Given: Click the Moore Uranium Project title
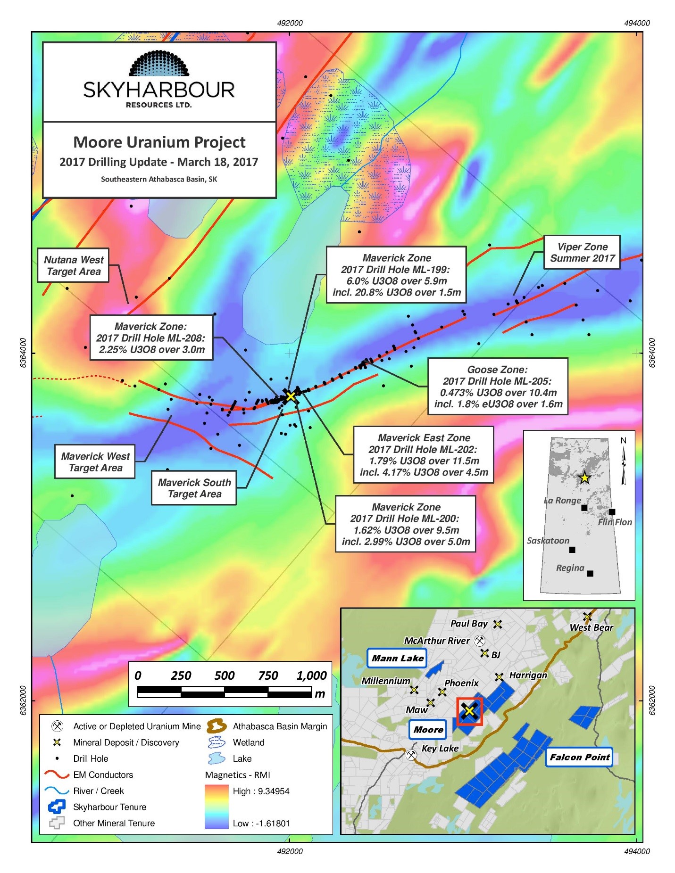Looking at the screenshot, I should coord(159,142).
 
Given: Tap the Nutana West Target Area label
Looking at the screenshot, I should coord(74,265).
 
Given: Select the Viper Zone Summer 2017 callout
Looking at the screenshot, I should coord(582,252).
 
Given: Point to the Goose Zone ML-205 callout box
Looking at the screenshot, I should coord(498,387).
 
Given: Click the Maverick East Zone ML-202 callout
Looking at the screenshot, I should coord(424,455).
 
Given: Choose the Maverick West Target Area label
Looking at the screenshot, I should coord(95,462).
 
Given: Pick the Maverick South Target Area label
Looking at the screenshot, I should coord(194,488).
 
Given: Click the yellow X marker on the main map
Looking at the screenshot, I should coord(291,396).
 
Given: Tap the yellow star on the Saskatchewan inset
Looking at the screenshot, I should coord(584,478).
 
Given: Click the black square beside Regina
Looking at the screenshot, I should coord(590,574).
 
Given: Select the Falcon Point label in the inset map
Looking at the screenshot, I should coord(579,757).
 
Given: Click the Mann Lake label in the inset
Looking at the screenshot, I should coord(397,659).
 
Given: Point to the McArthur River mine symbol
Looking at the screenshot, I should coord(480,641).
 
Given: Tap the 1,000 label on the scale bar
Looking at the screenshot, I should coord(312,675).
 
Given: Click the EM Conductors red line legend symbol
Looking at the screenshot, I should coord(57,774).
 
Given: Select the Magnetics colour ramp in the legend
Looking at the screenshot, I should coord(217,807).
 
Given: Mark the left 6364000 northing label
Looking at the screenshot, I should coord(23,353).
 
